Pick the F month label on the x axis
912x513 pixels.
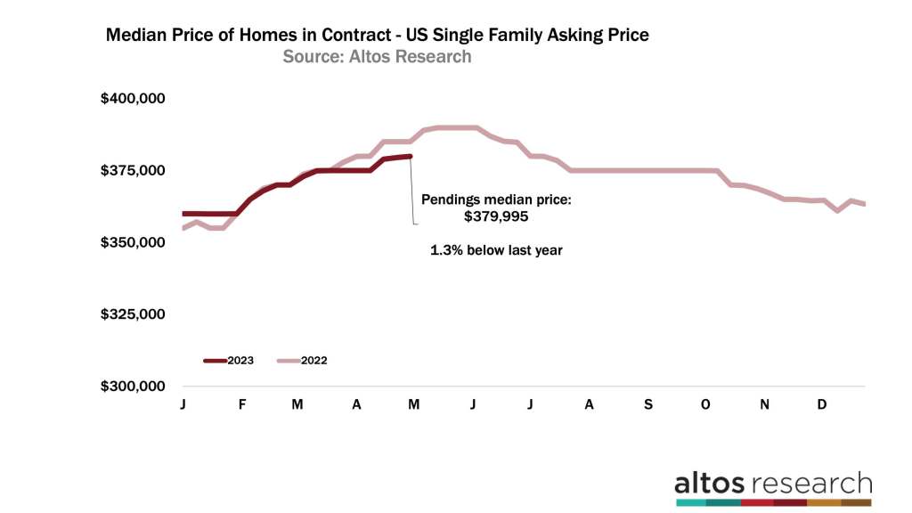click(x=242, y=404)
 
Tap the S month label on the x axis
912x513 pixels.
click(x=647, y=404)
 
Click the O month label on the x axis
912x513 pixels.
click(x=705, y=404)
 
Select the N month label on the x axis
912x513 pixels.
click(x=764, y=404)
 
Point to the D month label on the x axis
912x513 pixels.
click(x=822, y=404)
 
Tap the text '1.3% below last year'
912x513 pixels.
click(x=497, y=250)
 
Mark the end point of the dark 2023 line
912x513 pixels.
click(x=410, y=157)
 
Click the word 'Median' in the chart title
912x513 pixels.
click(x=136, y=36)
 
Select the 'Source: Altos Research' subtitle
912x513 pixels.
click(x=377, y=57)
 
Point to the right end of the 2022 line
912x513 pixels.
click(x=865, y=204)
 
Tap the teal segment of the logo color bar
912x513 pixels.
click(x=690, y=503)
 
